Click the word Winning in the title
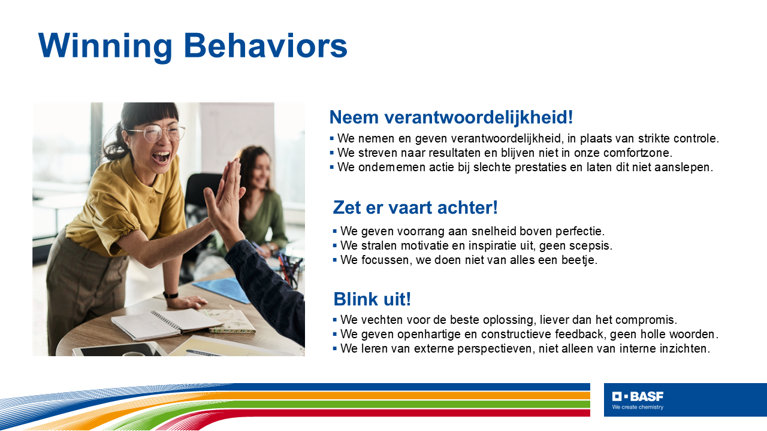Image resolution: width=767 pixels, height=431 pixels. click(105, 46)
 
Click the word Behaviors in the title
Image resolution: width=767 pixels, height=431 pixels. click(265, 45)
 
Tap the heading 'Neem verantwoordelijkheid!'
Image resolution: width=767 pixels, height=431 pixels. click(451, 117)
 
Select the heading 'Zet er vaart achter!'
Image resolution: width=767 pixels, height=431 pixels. click(415, 207)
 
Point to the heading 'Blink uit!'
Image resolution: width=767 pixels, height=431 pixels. click(372, 299)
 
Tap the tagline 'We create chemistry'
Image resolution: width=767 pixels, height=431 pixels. click(638, 407)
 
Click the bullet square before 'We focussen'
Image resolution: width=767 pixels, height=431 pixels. click(335, 260)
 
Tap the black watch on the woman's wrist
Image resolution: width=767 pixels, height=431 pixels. click(171, 295)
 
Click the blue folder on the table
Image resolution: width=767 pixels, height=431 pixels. click(224, 290)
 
